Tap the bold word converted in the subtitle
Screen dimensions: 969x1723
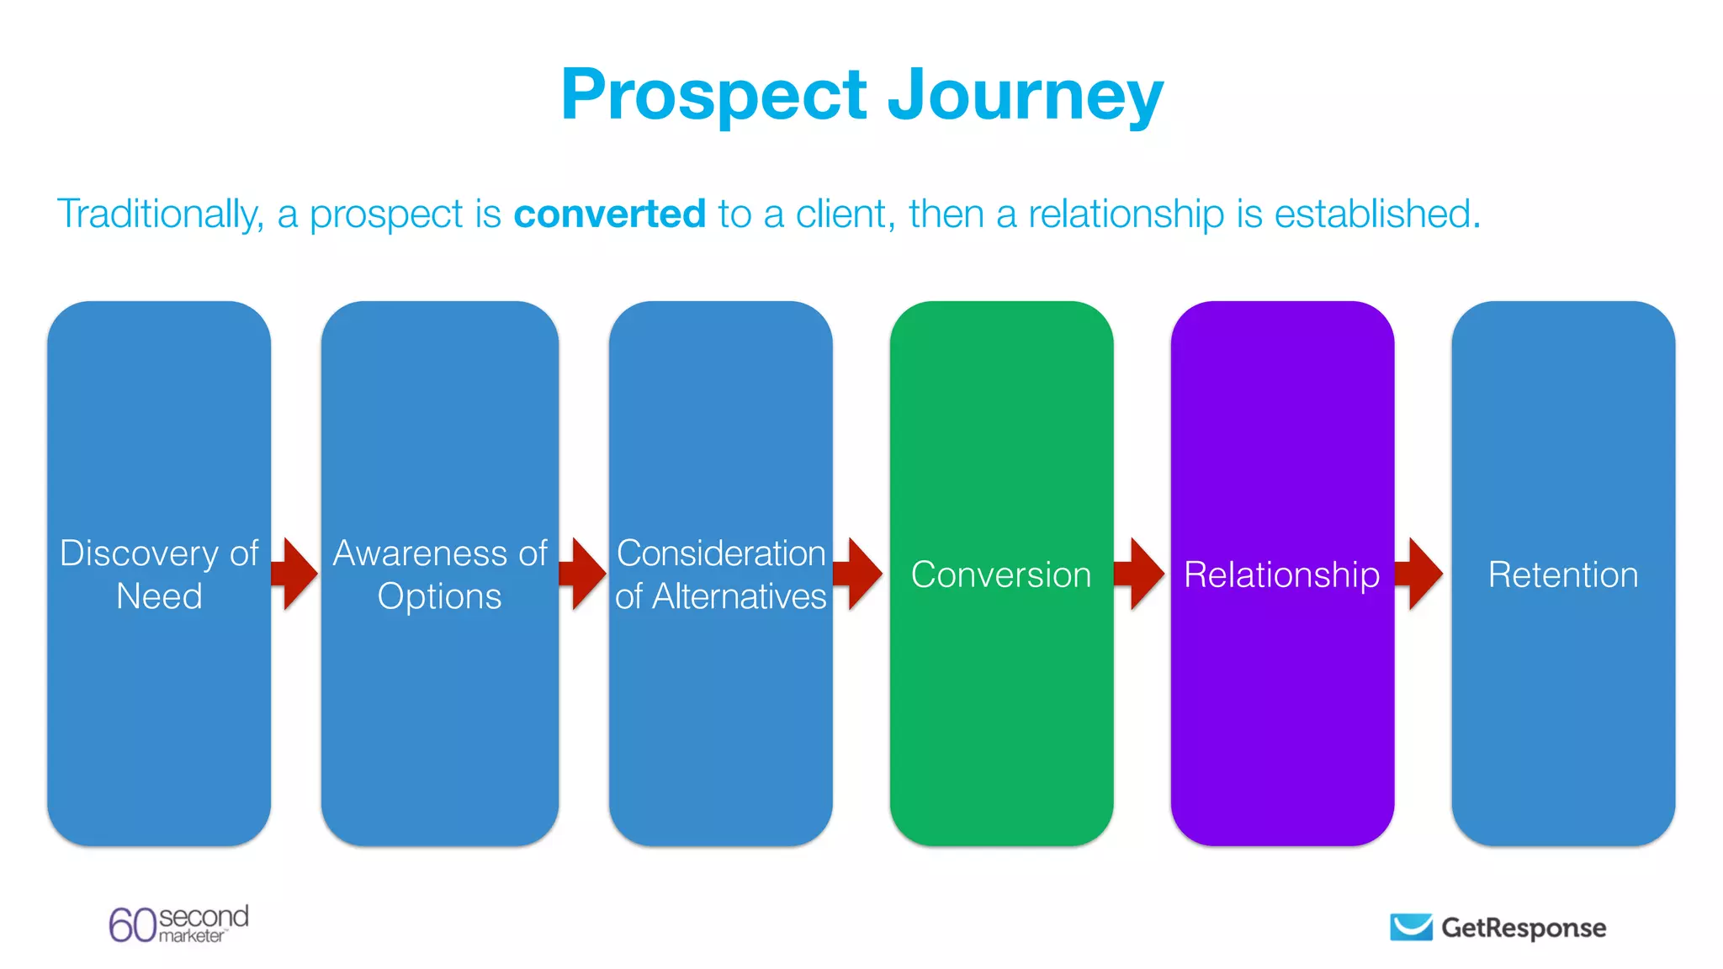point(609,214)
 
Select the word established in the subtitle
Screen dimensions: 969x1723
point(1376,214)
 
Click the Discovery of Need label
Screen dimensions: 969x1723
point(159,575)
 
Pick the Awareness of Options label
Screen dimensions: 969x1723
point(439,575)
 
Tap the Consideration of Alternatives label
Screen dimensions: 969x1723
point(720,575)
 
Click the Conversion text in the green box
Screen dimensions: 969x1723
point(1001,575)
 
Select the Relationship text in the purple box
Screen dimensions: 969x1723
point(1281,575)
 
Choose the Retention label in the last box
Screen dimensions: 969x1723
point(1562,575)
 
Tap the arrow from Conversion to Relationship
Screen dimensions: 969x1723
point(1140,574)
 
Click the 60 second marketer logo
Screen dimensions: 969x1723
point(178,924)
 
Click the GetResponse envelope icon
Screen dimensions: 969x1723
point(1411,927)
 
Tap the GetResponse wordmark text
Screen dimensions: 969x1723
point(1523,927)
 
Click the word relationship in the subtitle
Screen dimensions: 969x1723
point(1126,214)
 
